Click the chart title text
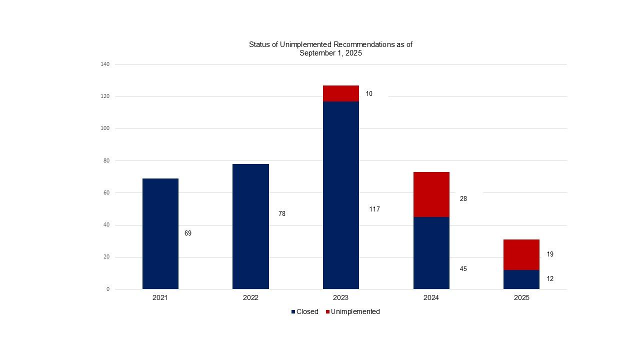click(330, 48)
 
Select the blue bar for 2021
click(160, 233)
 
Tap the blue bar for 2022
click(250, 226)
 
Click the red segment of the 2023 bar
click(340, 93)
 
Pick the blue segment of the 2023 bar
click(340, 195)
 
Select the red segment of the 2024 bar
click(431, 194)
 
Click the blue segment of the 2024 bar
click(431, 253)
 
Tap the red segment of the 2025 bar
click(521, 254)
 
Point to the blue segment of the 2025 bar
click(521, 279)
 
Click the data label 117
click(374, 209)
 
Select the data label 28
click(463, 199)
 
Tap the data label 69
click(187, 233)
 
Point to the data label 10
click(369, 94)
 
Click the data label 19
click(550, 254)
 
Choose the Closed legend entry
click(304, 311)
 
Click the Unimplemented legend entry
click(352, 311)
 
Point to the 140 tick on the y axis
click(105, 64)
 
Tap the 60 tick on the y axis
click(106, 193)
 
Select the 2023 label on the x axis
click(340, 297)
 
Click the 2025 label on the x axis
click(521, 297)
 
